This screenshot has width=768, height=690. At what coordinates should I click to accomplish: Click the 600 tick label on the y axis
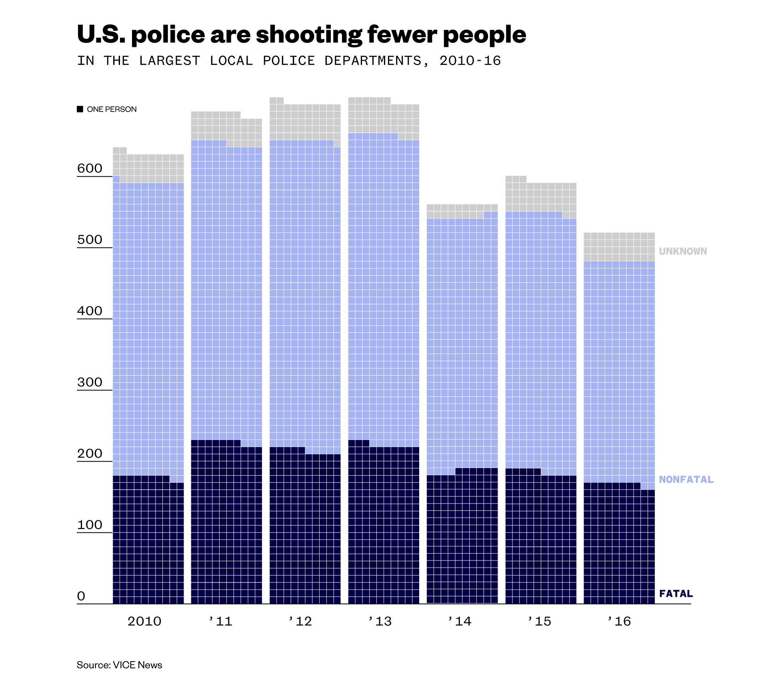point(90,168)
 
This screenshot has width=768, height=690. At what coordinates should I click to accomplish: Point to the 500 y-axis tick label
point(90,240)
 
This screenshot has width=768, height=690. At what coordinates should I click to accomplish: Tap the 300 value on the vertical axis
point(90,382)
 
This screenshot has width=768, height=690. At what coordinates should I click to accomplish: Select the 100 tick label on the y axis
point(90,525)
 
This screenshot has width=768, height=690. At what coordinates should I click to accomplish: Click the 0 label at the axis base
point(81,596)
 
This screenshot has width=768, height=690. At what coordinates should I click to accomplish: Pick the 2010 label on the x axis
point(144,621)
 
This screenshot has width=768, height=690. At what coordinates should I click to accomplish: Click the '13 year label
point(380,621)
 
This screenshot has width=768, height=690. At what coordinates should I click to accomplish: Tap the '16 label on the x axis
point(619,621)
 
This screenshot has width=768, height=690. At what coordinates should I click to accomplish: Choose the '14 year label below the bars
point(460,621)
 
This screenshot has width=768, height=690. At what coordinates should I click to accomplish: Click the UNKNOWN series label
point(683,251)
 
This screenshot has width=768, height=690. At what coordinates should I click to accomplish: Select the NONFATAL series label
point(686,479)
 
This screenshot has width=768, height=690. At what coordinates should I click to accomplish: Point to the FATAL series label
point(676,594)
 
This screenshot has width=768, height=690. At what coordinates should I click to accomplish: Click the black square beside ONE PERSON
point(80,109)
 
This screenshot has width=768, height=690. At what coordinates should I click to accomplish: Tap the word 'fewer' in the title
point(402,34)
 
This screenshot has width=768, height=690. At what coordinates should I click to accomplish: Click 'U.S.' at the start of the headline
point(101,34)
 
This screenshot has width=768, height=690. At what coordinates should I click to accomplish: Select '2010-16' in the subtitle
point(470,61)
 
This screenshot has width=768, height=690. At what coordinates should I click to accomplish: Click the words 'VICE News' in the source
point(138,665)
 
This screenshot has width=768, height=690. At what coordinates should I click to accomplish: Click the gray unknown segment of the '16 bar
point(619,247)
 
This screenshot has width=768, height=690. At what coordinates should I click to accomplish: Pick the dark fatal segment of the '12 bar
point(305,528)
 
